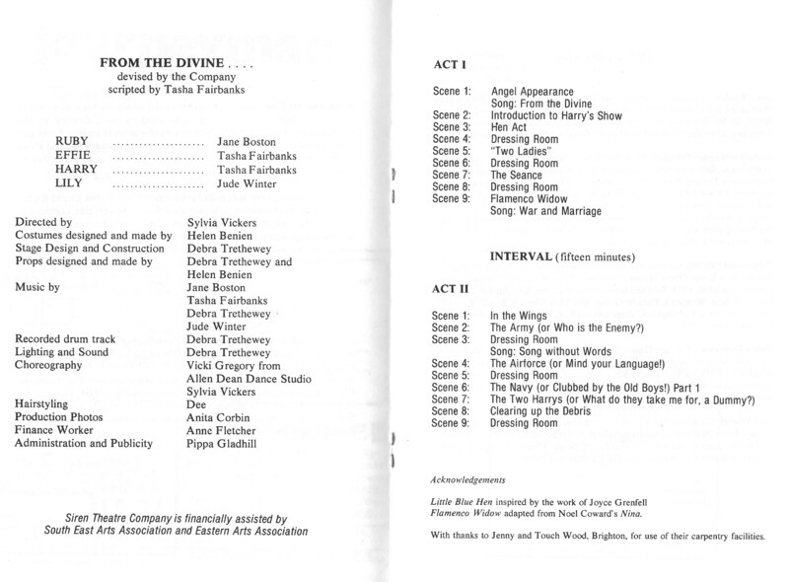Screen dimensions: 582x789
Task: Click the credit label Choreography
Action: point(56,365)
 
